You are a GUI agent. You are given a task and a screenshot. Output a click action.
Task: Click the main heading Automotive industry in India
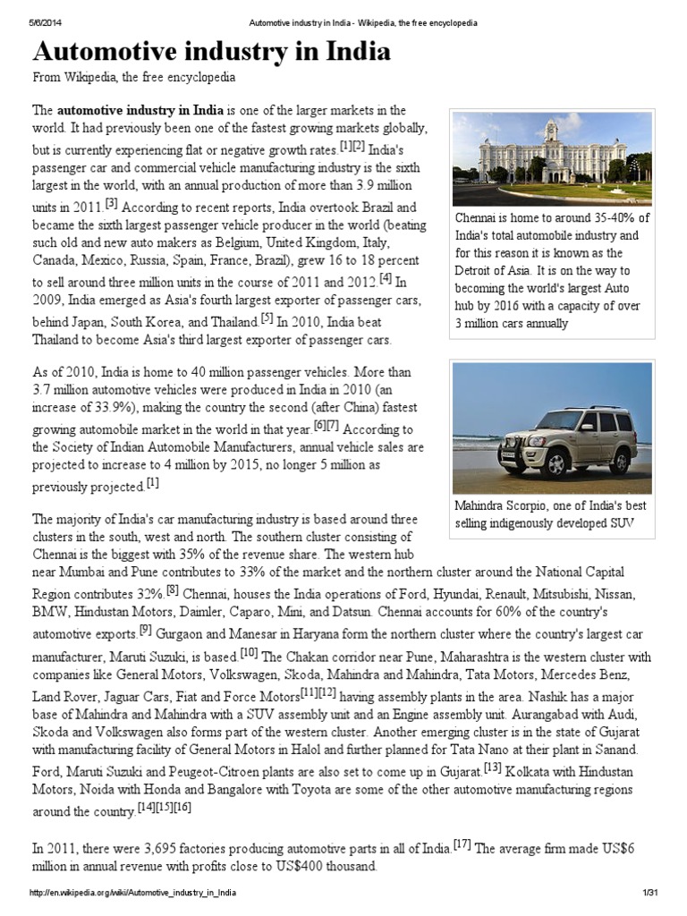coord(212,52)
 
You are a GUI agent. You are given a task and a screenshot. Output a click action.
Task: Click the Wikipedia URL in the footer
coord(133,894)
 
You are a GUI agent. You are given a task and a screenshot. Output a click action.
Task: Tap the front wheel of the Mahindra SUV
coord(557,463)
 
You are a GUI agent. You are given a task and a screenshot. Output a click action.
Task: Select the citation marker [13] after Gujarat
coord(492,767)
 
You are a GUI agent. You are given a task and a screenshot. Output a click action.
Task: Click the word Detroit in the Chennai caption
coord(477,270)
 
